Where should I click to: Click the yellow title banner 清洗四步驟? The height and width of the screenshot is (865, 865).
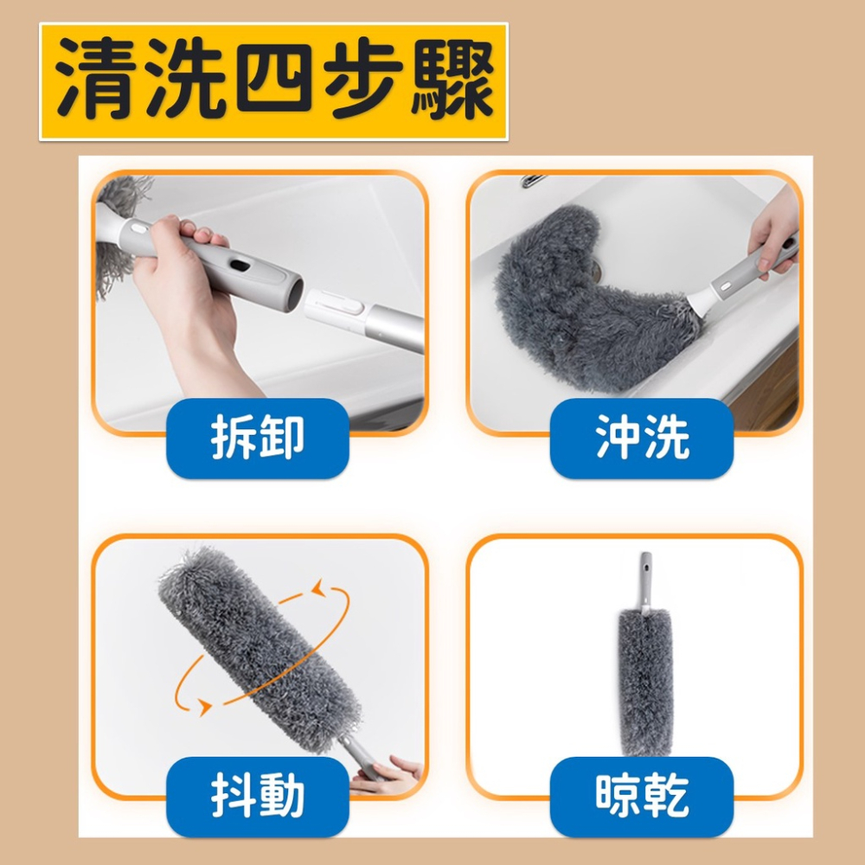(273, 82)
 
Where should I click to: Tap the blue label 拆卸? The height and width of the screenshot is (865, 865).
(258, 438)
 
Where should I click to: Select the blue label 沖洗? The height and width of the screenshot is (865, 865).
(642, 438)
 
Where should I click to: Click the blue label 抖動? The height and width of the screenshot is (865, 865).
(258, 797)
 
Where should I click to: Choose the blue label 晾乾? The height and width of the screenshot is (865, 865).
(642, 797)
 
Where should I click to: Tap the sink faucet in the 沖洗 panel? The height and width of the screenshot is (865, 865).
(535, 181)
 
